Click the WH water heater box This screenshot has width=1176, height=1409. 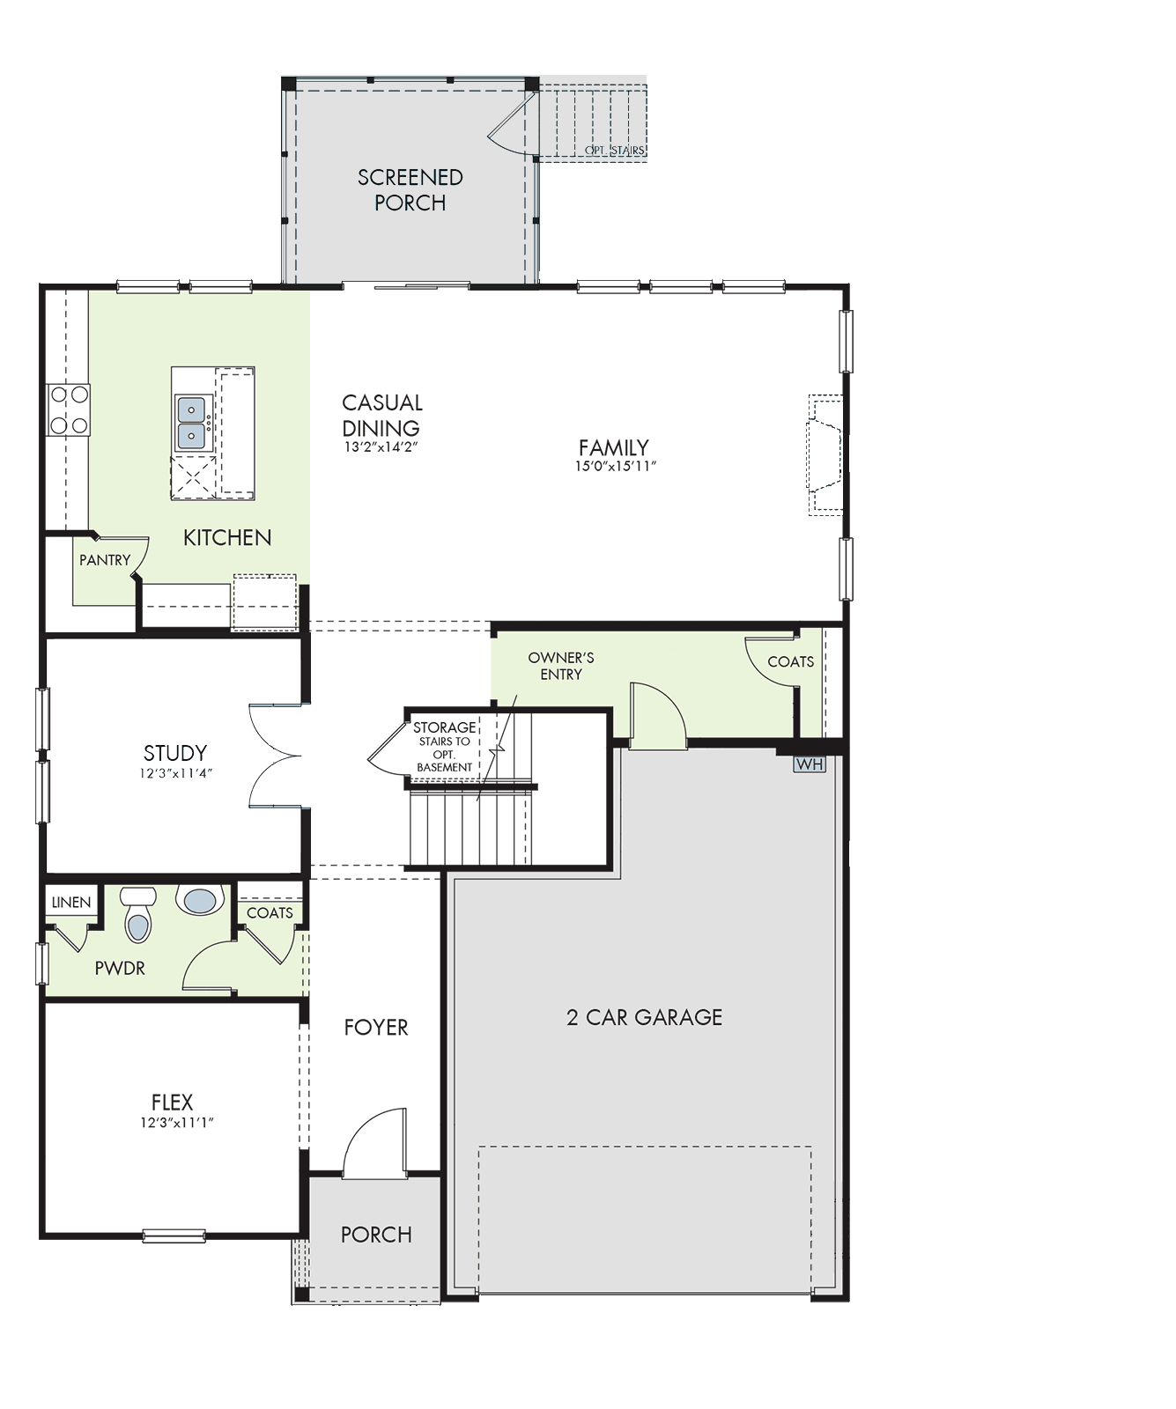[x=810, y=764]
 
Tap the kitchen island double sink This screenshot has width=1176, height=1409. [x=191, y=423]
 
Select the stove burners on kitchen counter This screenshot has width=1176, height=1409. [x=69, y=409]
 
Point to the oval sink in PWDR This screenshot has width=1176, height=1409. [x=200, y=900]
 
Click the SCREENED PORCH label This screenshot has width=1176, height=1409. [x=410, y=189]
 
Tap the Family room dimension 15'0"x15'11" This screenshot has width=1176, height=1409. [x=616, y=467]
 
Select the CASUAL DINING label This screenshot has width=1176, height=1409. [x=382, y=415]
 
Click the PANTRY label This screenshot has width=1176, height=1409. [x=105, y=560]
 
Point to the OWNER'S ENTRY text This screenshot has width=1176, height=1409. [x=561, y=666]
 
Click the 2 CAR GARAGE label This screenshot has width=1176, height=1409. [x=644, y=1017]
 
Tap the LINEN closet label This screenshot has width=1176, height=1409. [x=71, y=903]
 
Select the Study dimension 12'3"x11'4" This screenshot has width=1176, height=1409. [x=176, y=773]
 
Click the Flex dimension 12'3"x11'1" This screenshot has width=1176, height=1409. [x=177, y=1123]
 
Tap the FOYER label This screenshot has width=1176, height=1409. [x=376, y=1028]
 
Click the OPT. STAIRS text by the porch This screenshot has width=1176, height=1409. [x=615, y=151]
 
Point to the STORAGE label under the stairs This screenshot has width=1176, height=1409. [x=445, y=727]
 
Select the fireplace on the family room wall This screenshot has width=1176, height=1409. [x=825, y=454]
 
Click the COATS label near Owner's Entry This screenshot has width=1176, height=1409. [x=790, y=661]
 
